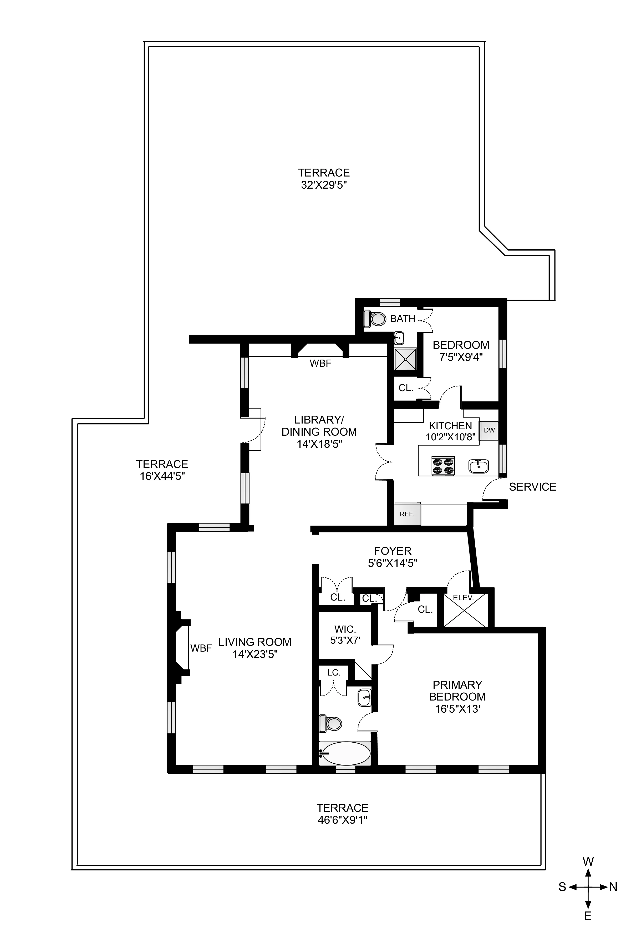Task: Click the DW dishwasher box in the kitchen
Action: (x=489, y=430)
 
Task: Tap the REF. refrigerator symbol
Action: (x=407, y=514)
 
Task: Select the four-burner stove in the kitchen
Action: (x=443, y=466)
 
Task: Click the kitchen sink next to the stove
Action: (x=479, y=466)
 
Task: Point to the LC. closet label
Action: (x=334, y=672)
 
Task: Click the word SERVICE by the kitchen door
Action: (x=532, y=487)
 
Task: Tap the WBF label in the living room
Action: (x=201, y=648)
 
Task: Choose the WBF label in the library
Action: (x=320, y=363)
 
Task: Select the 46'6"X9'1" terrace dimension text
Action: (x=343, y=820)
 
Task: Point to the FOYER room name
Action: (x=392, y=551)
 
